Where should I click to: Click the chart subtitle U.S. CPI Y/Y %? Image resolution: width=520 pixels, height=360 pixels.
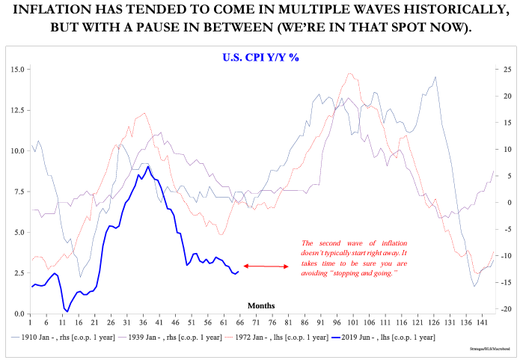pos(260,58)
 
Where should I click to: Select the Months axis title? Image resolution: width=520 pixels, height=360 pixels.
pos(261,305)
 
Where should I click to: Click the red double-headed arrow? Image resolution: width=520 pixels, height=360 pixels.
pos(266,266)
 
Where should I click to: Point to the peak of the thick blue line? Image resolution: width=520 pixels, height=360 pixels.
pos(148,166)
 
